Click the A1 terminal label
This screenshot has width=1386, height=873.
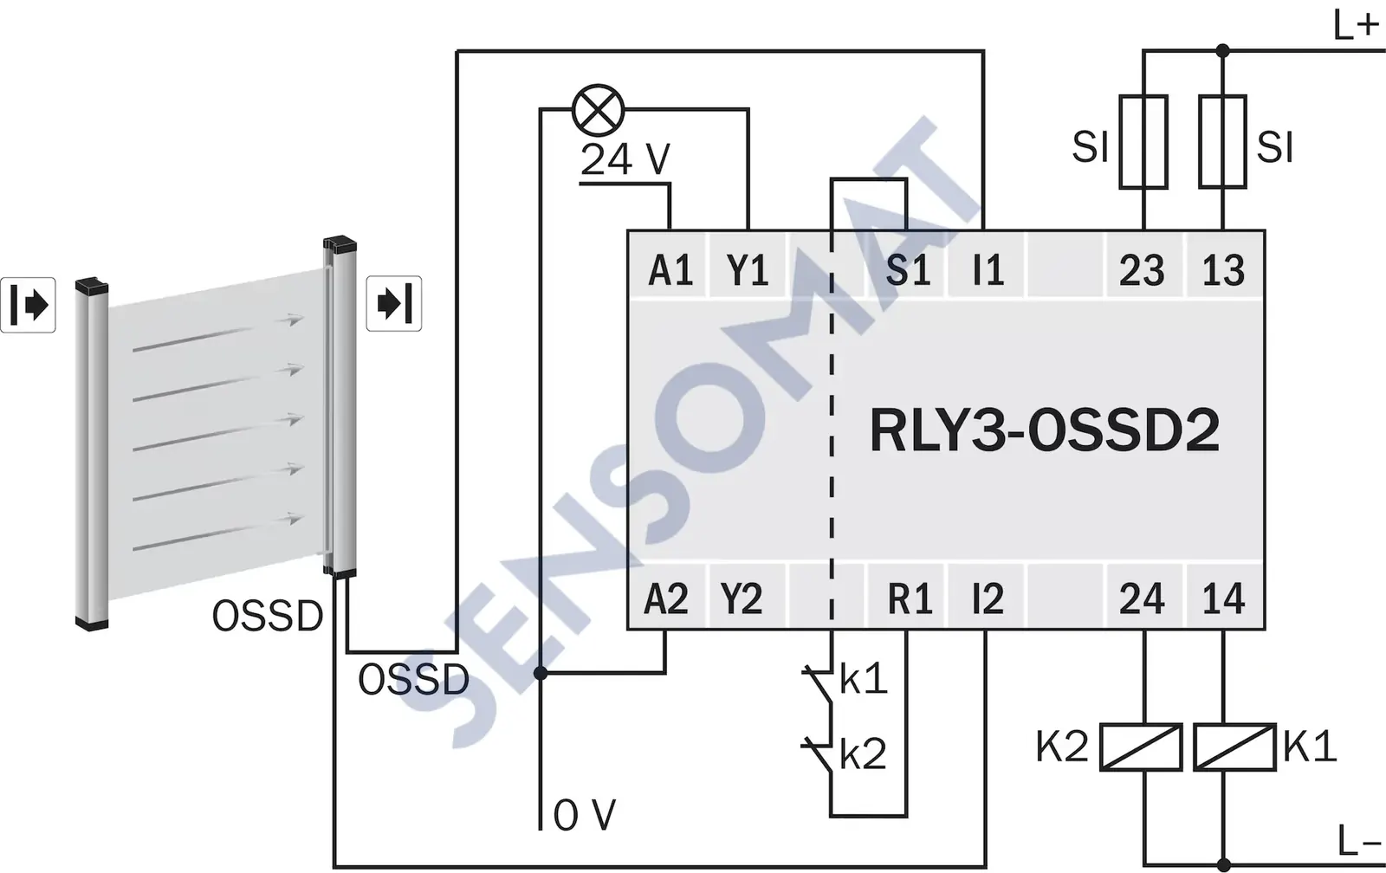click(670, 270)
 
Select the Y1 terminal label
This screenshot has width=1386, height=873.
click(748, 270)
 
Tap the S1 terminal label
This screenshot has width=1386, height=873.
click(907, 270)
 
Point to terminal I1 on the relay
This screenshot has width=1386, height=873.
click(988, 270)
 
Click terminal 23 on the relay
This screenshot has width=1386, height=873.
click(1141, 270)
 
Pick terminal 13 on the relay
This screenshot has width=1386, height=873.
click(1222, 270)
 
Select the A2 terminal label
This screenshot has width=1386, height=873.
click(666, 598)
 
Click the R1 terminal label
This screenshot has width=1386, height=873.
click(909, 598)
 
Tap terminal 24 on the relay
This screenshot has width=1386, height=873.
click(1141, 598)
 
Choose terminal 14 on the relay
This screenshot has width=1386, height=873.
click(1222, 598)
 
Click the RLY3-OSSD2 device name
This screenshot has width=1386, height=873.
click(1045, 430)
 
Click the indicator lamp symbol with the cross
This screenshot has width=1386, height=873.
click(599, 110)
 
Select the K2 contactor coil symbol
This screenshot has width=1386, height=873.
click(1141, 747)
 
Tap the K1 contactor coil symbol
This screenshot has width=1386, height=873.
click(1234, 747)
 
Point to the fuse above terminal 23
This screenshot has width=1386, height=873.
click(1143, 141)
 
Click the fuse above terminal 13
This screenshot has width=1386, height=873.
click(1222, 141)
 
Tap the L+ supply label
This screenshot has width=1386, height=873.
click(1355, 26)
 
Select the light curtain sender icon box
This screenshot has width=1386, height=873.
click(28, 305)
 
